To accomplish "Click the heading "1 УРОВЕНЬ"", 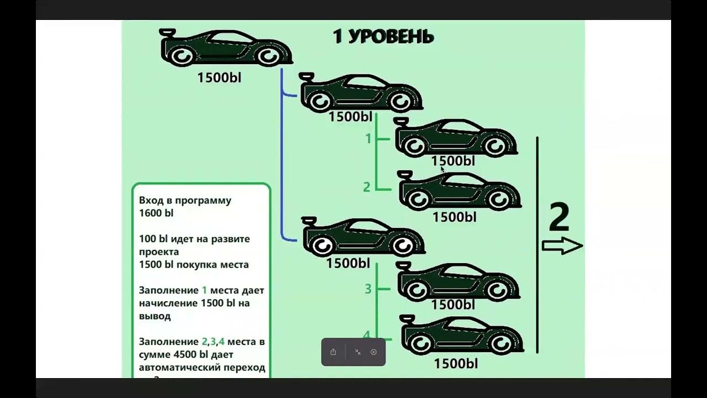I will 383,36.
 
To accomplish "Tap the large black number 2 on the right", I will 559,217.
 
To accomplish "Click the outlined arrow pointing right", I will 562,246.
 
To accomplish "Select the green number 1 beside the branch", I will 369,139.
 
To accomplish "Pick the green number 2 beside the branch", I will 367,187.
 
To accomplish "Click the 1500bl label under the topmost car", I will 219,78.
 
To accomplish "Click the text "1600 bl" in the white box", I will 156,213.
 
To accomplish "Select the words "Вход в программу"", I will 185,200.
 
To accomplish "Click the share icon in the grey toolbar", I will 333,352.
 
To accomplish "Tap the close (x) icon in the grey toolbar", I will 373,352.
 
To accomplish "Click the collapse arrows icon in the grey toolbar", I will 358,352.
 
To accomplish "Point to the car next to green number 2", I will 460,191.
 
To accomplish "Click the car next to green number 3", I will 458,282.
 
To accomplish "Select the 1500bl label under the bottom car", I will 455,364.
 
